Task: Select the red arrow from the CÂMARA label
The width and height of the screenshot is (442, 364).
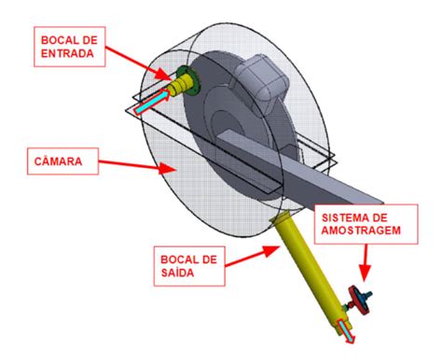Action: click(x=131, y=165)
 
